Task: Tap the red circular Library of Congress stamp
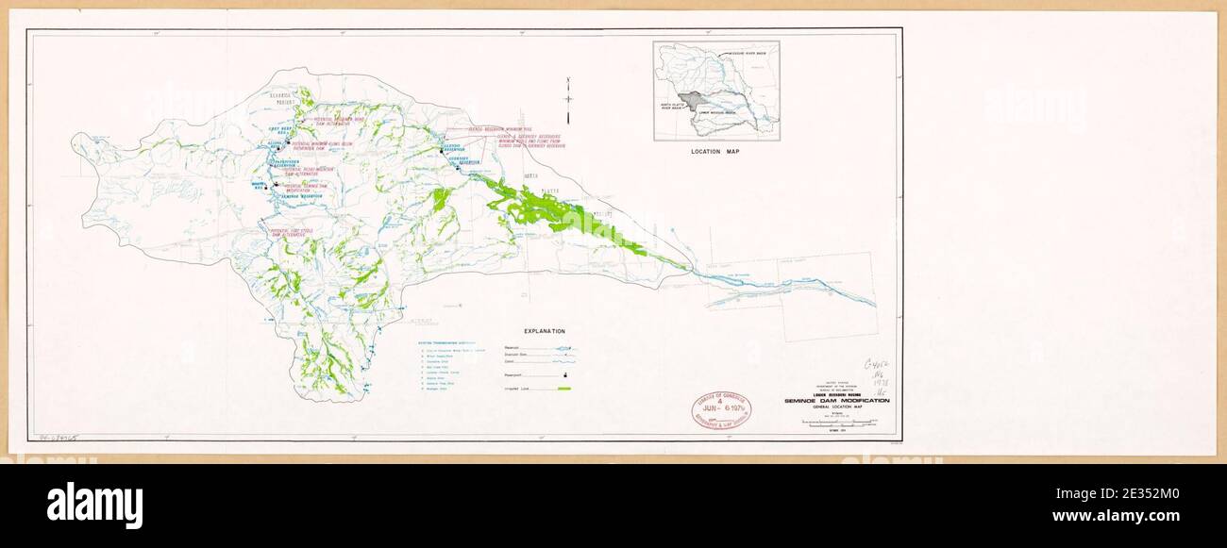(x=719, y=408)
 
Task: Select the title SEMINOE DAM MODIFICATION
(x=836, y=401)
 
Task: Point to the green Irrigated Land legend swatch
(x=565, y=388)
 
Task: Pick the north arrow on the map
(x=568, y=99)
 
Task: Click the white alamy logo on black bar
(x=94, y=505)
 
